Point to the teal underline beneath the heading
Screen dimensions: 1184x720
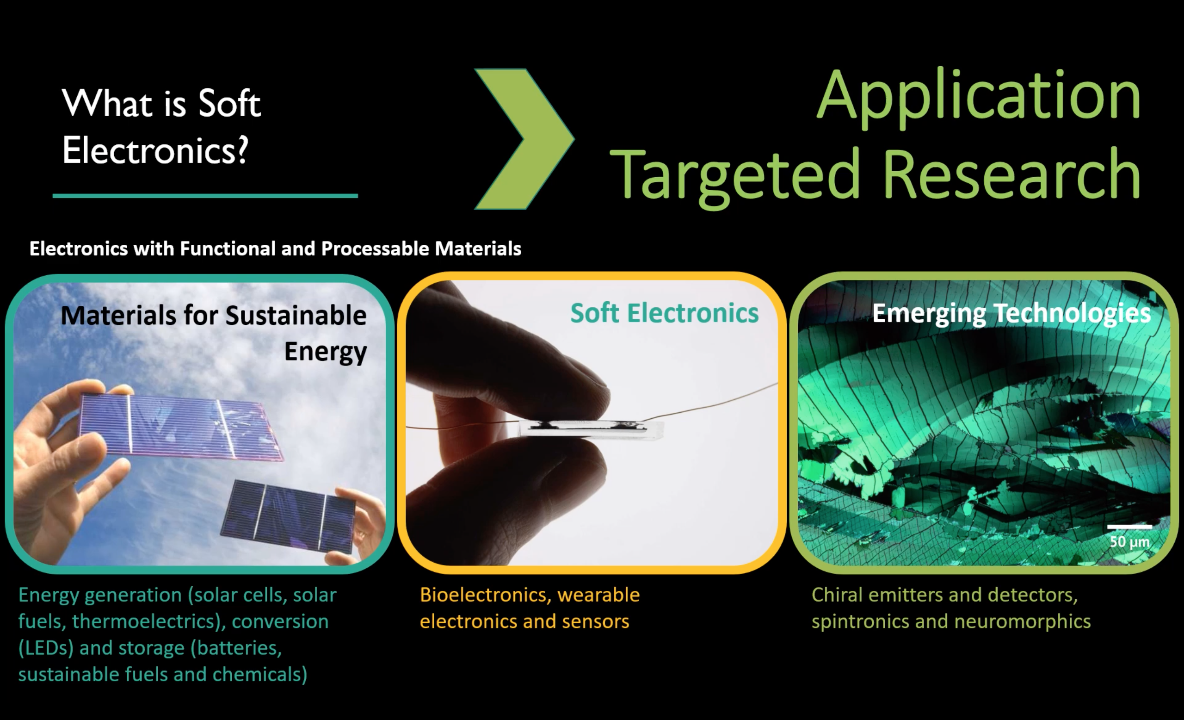pos(205,196)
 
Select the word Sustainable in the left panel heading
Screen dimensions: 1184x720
pos(296,315)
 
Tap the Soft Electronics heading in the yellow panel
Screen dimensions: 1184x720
pos(665,313)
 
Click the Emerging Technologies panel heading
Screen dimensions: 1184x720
pos(1011,313)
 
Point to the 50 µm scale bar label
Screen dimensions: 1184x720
pos(1130,542)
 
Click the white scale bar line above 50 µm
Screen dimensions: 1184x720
pos(1130,527)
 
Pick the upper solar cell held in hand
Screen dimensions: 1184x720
pos(180,426)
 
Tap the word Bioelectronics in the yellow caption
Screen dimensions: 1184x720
pos(485,595)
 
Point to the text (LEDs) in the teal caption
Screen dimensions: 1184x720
pos(46,648)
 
